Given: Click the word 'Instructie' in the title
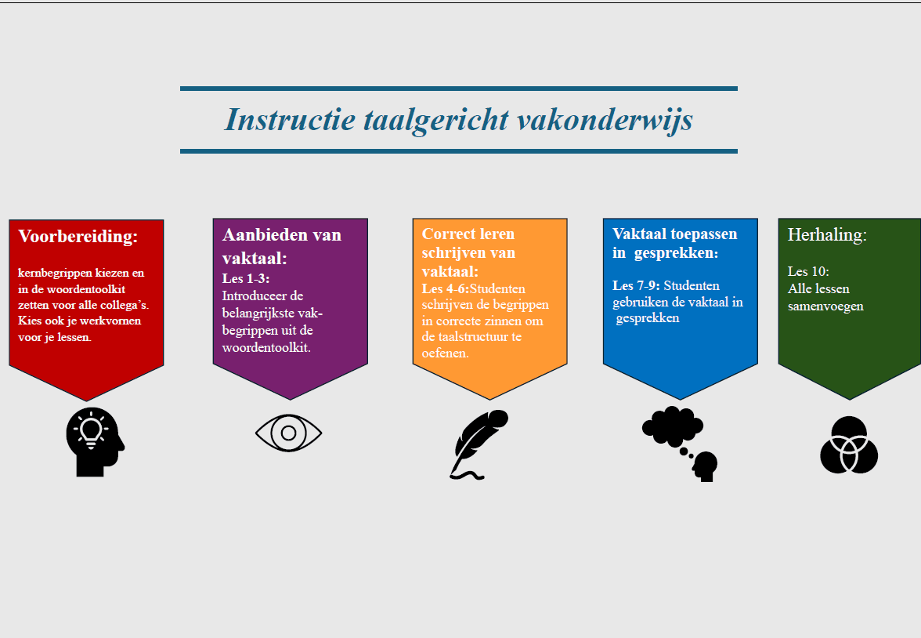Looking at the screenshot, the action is [x=290, y=119].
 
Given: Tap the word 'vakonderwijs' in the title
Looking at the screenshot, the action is [x=605, y=121].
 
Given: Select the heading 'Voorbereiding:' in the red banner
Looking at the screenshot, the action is [x=78, y=237].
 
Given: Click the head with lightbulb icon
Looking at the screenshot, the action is [x=96, y=441].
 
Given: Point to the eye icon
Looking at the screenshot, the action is [x=288, y=433].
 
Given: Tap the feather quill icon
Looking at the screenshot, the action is [x=479, y=444].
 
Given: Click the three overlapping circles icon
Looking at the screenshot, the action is [x=849, y=445].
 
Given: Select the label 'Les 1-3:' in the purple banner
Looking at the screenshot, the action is [x=246, y=278].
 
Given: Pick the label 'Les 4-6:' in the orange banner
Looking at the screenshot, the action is [x=445, y=288].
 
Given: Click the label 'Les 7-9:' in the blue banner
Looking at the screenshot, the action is [x=636, y=286].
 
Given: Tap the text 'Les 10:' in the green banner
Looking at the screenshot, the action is [x=808, y=272].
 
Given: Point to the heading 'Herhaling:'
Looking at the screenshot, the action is [x=827, y=234].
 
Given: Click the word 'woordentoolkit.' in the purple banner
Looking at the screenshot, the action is [x=266, y=347].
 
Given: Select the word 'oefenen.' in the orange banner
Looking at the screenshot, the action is [x=445, y=353].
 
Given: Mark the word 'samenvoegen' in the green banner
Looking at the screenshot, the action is [x=825, y=306].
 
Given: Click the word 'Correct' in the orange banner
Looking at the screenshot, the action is [x=450, y=234].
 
